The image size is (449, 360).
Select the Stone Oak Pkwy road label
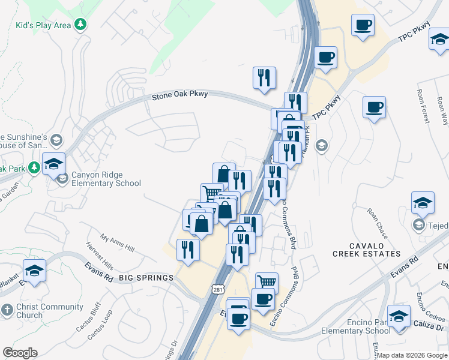179,95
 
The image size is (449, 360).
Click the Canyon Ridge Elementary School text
107,179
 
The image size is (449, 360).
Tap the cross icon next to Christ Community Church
7,310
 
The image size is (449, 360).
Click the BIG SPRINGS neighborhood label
146,278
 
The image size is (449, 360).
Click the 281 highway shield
218,290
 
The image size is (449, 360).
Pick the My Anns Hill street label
118,244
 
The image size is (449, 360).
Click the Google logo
20,353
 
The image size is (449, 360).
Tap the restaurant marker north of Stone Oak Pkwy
264,78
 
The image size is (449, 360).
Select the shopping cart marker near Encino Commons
267,281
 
